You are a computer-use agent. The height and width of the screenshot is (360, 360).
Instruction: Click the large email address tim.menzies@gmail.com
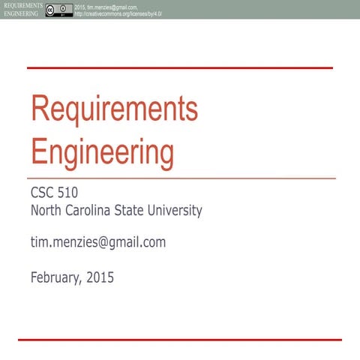[x=97, y=242]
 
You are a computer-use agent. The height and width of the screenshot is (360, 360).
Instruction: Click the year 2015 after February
[x=100, y=277]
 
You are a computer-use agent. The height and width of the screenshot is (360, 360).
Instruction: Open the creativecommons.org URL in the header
[x=118, y=14]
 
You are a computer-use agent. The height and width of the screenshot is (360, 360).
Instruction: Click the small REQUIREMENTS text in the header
[x=20, y=5]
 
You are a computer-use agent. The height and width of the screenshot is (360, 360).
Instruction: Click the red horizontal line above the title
[x=180, y=68]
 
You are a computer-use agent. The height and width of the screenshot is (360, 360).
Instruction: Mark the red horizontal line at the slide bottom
[x=180, y=340]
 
